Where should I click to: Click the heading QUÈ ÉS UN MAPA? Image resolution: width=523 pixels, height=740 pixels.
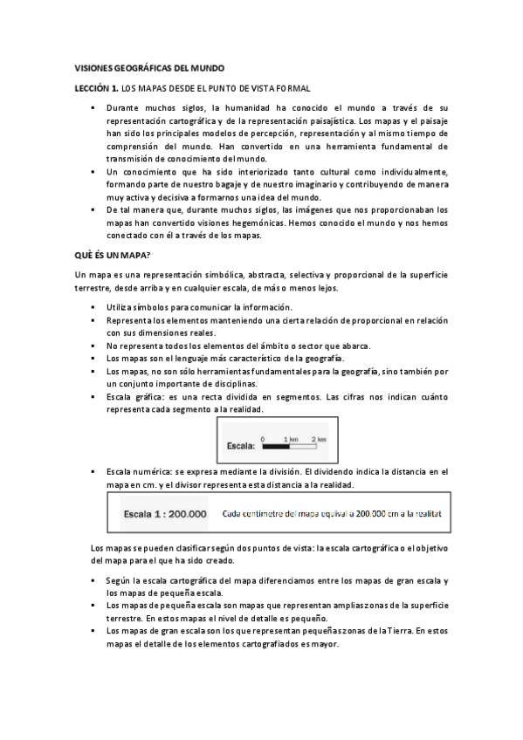[113, 254]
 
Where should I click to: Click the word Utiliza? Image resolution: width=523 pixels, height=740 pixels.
[121, 306]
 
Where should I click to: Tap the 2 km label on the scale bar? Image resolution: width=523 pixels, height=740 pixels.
[318, 438]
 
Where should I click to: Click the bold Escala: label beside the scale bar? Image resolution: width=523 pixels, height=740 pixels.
[240, 446]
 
